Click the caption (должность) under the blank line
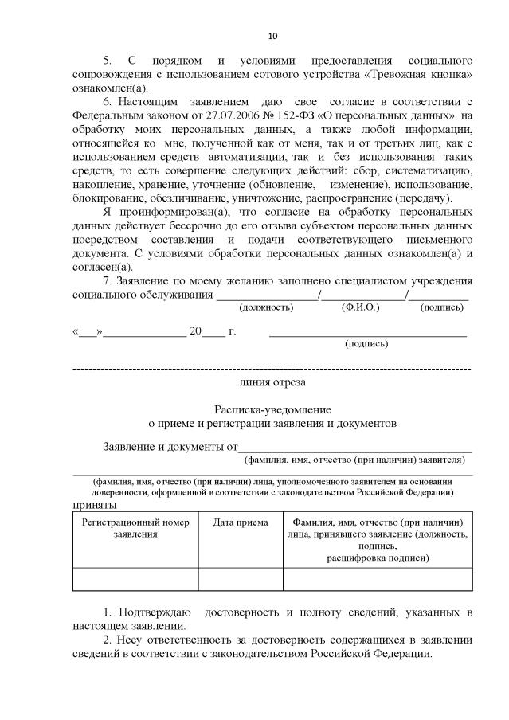pos(245,307)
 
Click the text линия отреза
pos(273,382)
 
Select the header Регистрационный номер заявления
pos(135,528)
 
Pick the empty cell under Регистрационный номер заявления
pos(135,578)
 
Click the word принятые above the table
pos(95,505)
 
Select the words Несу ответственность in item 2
pos(175,640)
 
